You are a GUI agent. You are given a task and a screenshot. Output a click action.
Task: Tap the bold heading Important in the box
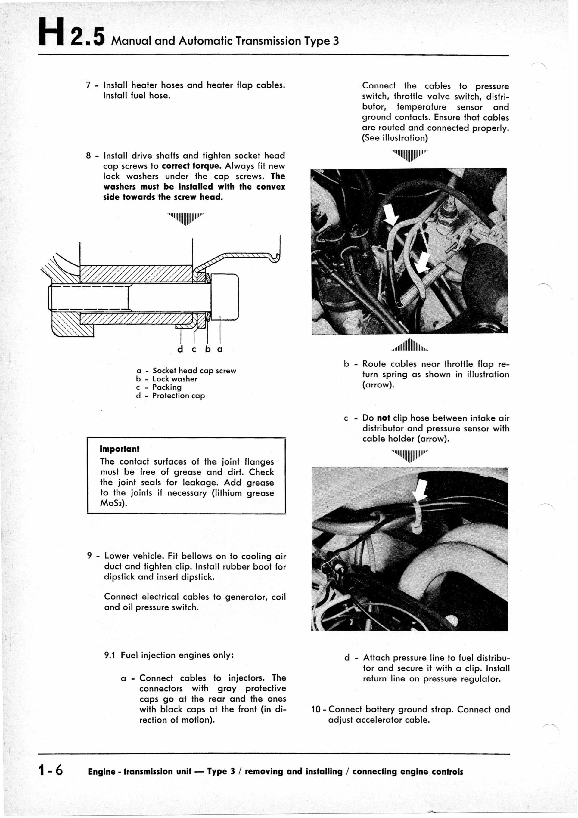[120, 449]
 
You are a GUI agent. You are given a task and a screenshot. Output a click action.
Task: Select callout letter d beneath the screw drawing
[180, 349]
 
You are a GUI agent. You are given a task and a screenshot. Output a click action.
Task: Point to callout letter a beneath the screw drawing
[220, 349]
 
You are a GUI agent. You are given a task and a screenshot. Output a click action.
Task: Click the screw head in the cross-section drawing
[225, 297]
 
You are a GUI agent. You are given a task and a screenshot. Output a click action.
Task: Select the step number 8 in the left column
[89, 156]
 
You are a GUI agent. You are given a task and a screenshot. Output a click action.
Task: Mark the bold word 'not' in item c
[383, 418]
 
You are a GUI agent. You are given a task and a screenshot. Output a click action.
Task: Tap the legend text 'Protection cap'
[178, 396]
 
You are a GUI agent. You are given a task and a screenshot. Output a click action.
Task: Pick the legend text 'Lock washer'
[174, 379]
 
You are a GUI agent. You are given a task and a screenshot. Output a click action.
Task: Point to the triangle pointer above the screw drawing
[185, 218]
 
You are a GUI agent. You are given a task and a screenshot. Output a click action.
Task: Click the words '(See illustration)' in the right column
[394, 138]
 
